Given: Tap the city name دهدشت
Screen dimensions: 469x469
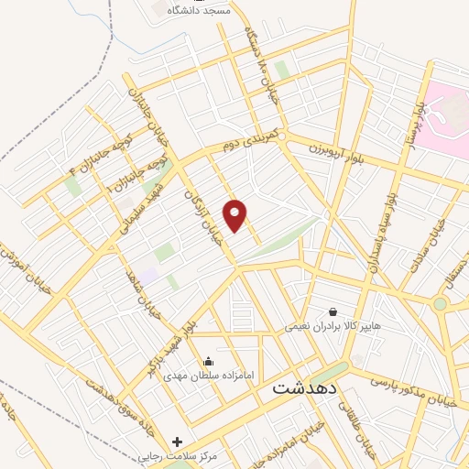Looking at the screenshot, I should tap(305, 388).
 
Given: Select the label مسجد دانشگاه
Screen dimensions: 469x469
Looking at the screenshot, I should tap(199, 11).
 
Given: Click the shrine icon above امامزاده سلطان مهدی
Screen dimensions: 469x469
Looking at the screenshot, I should tap(209, 361).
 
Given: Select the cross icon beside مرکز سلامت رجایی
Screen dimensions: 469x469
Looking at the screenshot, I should tap(177, 442).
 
